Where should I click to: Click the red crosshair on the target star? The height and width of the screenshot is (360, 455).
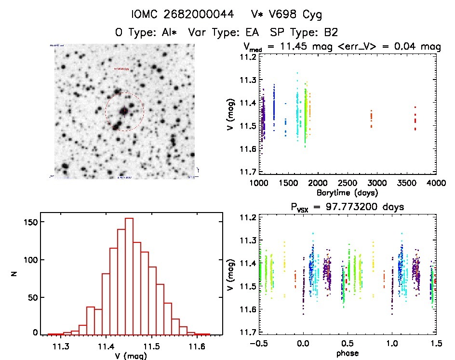(124, 111)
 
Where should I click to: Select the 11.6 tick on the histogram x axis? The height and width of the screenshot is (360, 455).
(197, 346)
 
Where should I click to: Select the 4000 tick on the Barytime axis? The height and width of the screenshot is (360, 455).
(436, 183)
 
